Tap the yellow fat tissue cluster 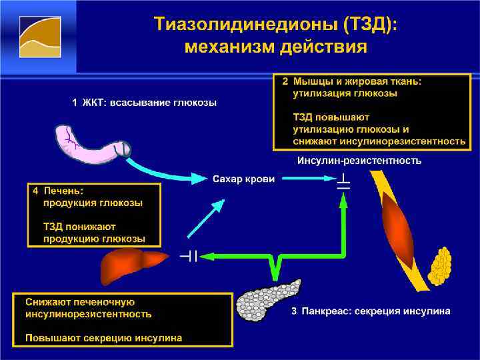pos(441,267)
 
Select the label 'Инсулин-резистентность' pos(359,161)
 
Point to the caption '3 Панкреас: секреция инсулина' pos(371,311)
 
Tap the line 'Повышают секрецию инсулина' pos(103,338)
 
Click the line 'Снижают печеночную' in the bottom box pos(81,301)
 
